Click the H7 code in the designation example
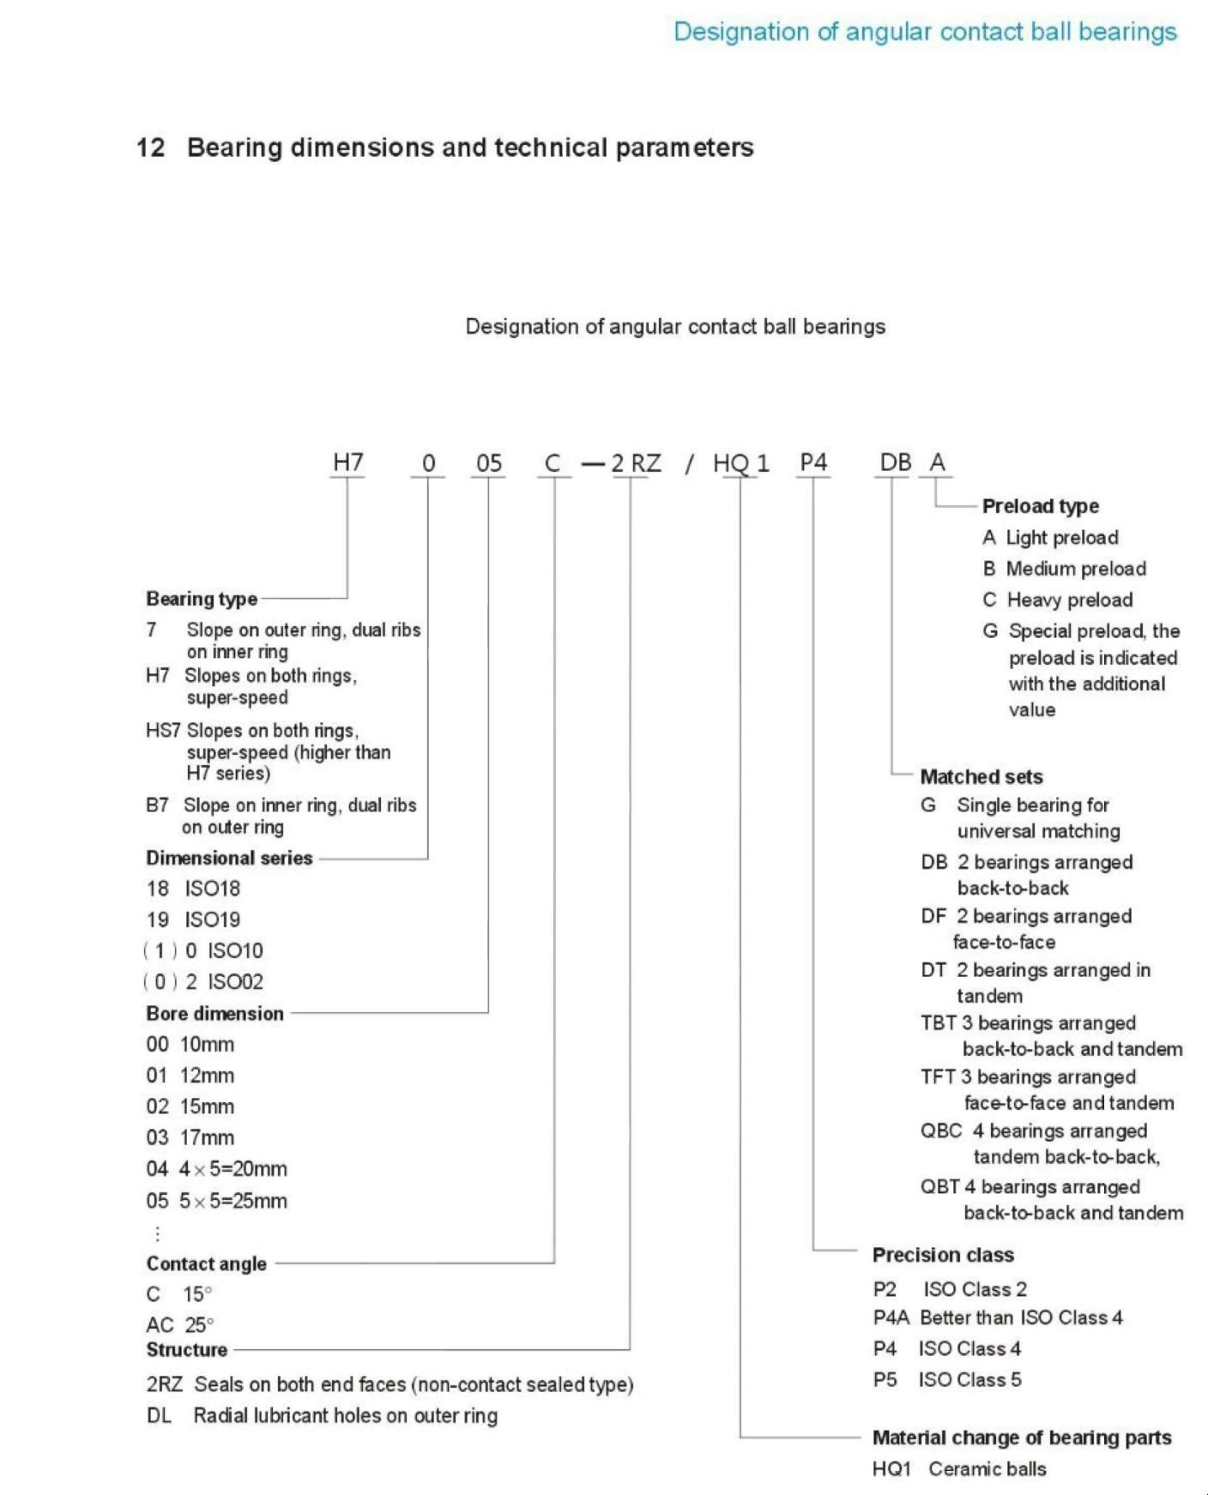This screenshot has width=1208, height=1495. tap(347, 462)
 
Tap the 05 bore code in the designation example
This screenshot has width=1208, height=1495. tap(488, 463)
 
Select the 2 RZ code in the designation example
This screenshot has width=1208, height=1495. tap(636, 463)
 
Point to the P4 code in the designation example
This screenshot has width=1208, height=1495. tap(812, 462)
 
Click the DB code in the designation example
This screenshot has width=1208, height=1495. tap(895, 462)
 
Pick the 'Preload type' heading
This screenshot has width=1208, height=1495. tap(1040, 506)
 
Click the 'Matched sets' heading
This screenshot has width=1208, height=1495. tap(981, 777)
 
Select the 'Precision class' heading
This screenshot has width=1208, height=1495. tap(943, 1255)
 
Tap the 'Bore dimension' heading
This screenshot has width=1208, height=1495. tap(214, 1014)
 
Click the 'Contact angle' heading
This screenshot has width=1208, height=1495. tap(206, 1263)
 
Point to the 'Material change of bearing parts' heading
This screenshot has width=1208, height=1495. tap(1021, 1438)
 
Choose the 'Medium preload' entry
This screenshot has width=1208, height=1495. tap(1076, 569)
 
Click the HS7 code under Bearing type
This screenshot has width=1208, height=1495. tap(162, 731)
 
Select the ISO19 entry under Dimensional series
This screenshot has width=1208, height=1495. tap(212, 919)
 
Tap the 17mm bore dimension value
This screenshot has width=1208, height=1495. tap(207, 1137)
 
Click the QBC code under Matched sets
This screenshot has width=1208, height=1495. tap(940, 1131)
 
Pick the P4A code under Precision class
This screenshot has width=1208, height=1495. tap(890, 1317)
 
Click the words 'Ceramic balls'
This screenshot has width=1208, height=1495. tap(987, 1469)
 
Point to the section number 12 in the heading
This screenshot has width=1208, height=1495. tap(150, 148)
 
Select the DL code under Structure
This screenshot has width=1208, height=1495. tap(159, 1415)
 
